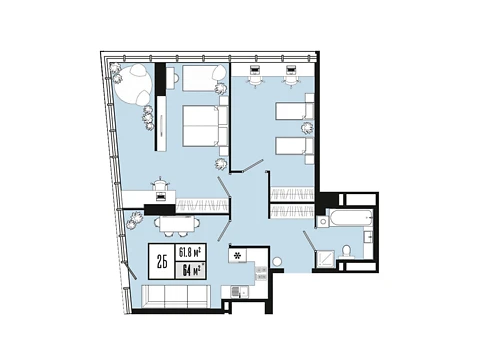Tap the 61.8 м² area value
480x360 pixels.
point(191,252)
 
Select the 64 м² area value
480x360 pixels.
point(192,270)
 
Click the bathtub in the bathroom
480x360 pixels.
point(351,218)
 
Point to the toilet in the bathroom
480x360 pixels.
point(347,253)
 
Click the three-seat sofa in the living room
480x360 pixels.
point(176,297)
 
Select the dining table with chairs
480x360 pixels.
point(177,226)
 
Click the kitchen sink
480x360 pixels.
point(238,292)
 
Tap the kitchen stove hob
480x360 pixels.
point(261,273)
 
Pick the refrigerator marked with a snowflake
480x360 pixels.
point(238,255)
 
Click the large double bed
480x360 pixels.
point(205,126)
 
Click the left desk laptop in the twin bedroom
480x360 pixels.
point(255,69)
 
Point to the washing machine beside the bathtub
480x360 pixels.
point(323,222)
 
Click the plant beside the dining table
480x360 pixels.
point(135,220)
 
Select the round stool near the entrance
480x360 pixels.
point(277,262)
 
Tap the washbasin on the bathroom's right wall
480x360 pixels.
point(368,238)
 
